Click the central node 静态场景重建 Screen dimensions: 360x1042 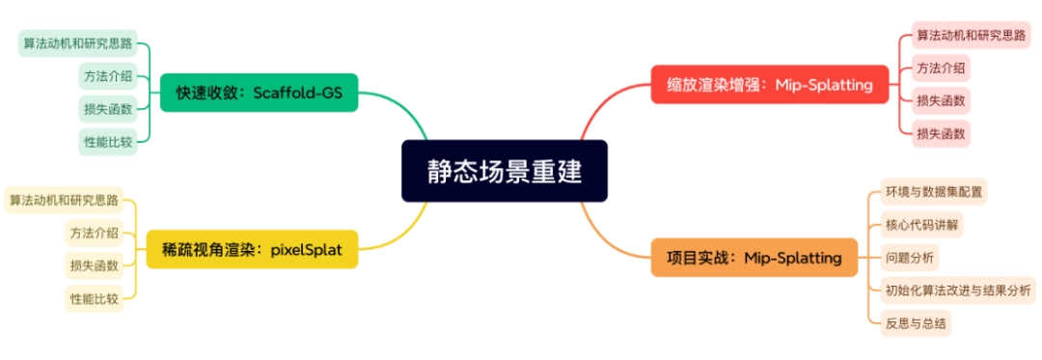tap(505, 171)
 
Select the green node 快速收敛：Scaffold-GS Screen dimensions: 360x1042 tap(259, 93)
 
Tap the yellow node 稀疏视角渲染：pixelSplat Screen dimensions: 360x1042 tap(252, 250)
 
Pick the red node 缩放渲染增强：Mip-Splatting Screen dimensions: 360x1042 tap(769, 84)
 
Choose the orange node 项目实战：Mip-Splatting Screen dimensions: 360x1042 tap(754, 258)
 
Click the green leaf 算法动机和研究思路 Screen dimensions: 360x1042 tap(78, 43)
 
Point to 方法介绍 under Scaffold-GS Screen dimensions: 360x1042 tap(107, 76)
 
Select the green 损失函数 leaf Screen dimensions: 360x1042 tap(107, 109)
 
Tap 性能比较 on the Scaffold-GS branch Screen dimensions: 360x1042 tap(107, 142)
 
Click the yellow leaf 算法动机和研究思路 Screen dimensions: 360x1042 tap(64, 201)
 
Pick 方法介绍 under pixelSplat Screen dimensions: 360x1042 tap(94, 233)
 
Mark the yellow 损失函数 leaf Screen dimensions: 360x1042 tap(94, 265)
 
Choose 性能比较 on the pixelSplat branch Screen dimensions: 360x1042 tap(94, 298)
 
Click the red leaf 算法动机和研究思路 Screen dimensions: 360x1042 tap(970, 36)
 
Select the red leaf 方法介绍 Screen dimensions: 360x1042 tap(941, 68)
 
